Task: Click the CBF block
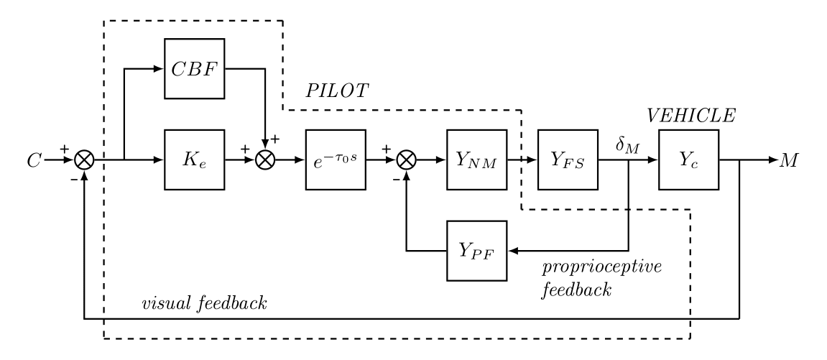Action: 195,70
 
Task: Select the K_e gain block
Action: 195,160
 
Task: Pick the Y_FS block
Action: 568,160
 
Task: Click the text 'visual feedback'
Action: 205,303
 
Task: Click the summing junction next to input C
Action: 84,160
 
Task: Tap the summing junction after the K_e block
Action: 267,160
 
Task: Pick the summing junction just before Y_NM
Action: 407,160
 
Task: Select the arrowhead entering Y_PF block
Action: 512,251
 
